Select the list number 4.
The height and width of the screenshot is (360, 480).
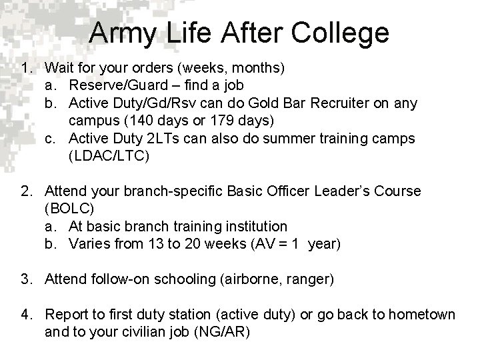click(27, 314)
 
